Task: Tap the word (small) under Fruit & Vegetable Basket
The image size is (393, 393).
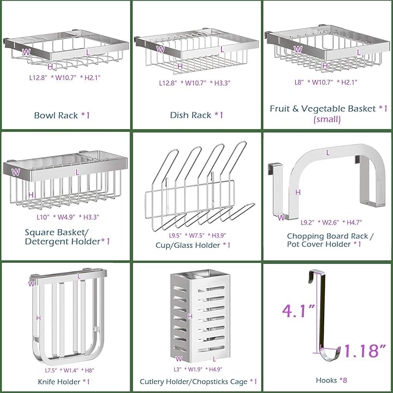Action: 327,120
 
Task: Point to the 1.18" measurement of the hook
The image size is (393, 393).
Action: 363,350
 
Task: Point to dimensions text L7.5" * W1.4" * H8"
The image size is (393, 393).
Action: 61,369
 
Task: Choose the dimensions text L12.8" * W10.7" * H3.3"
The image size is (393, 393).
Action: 195,83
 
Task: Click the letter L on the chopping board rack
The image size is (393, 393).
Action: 328,152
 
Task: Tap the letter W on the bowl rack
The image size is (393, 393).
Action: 25,52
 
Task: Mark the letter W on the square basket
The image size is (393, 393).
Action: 16,171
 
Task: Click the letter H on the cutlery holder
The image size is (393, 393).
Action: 190,316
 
